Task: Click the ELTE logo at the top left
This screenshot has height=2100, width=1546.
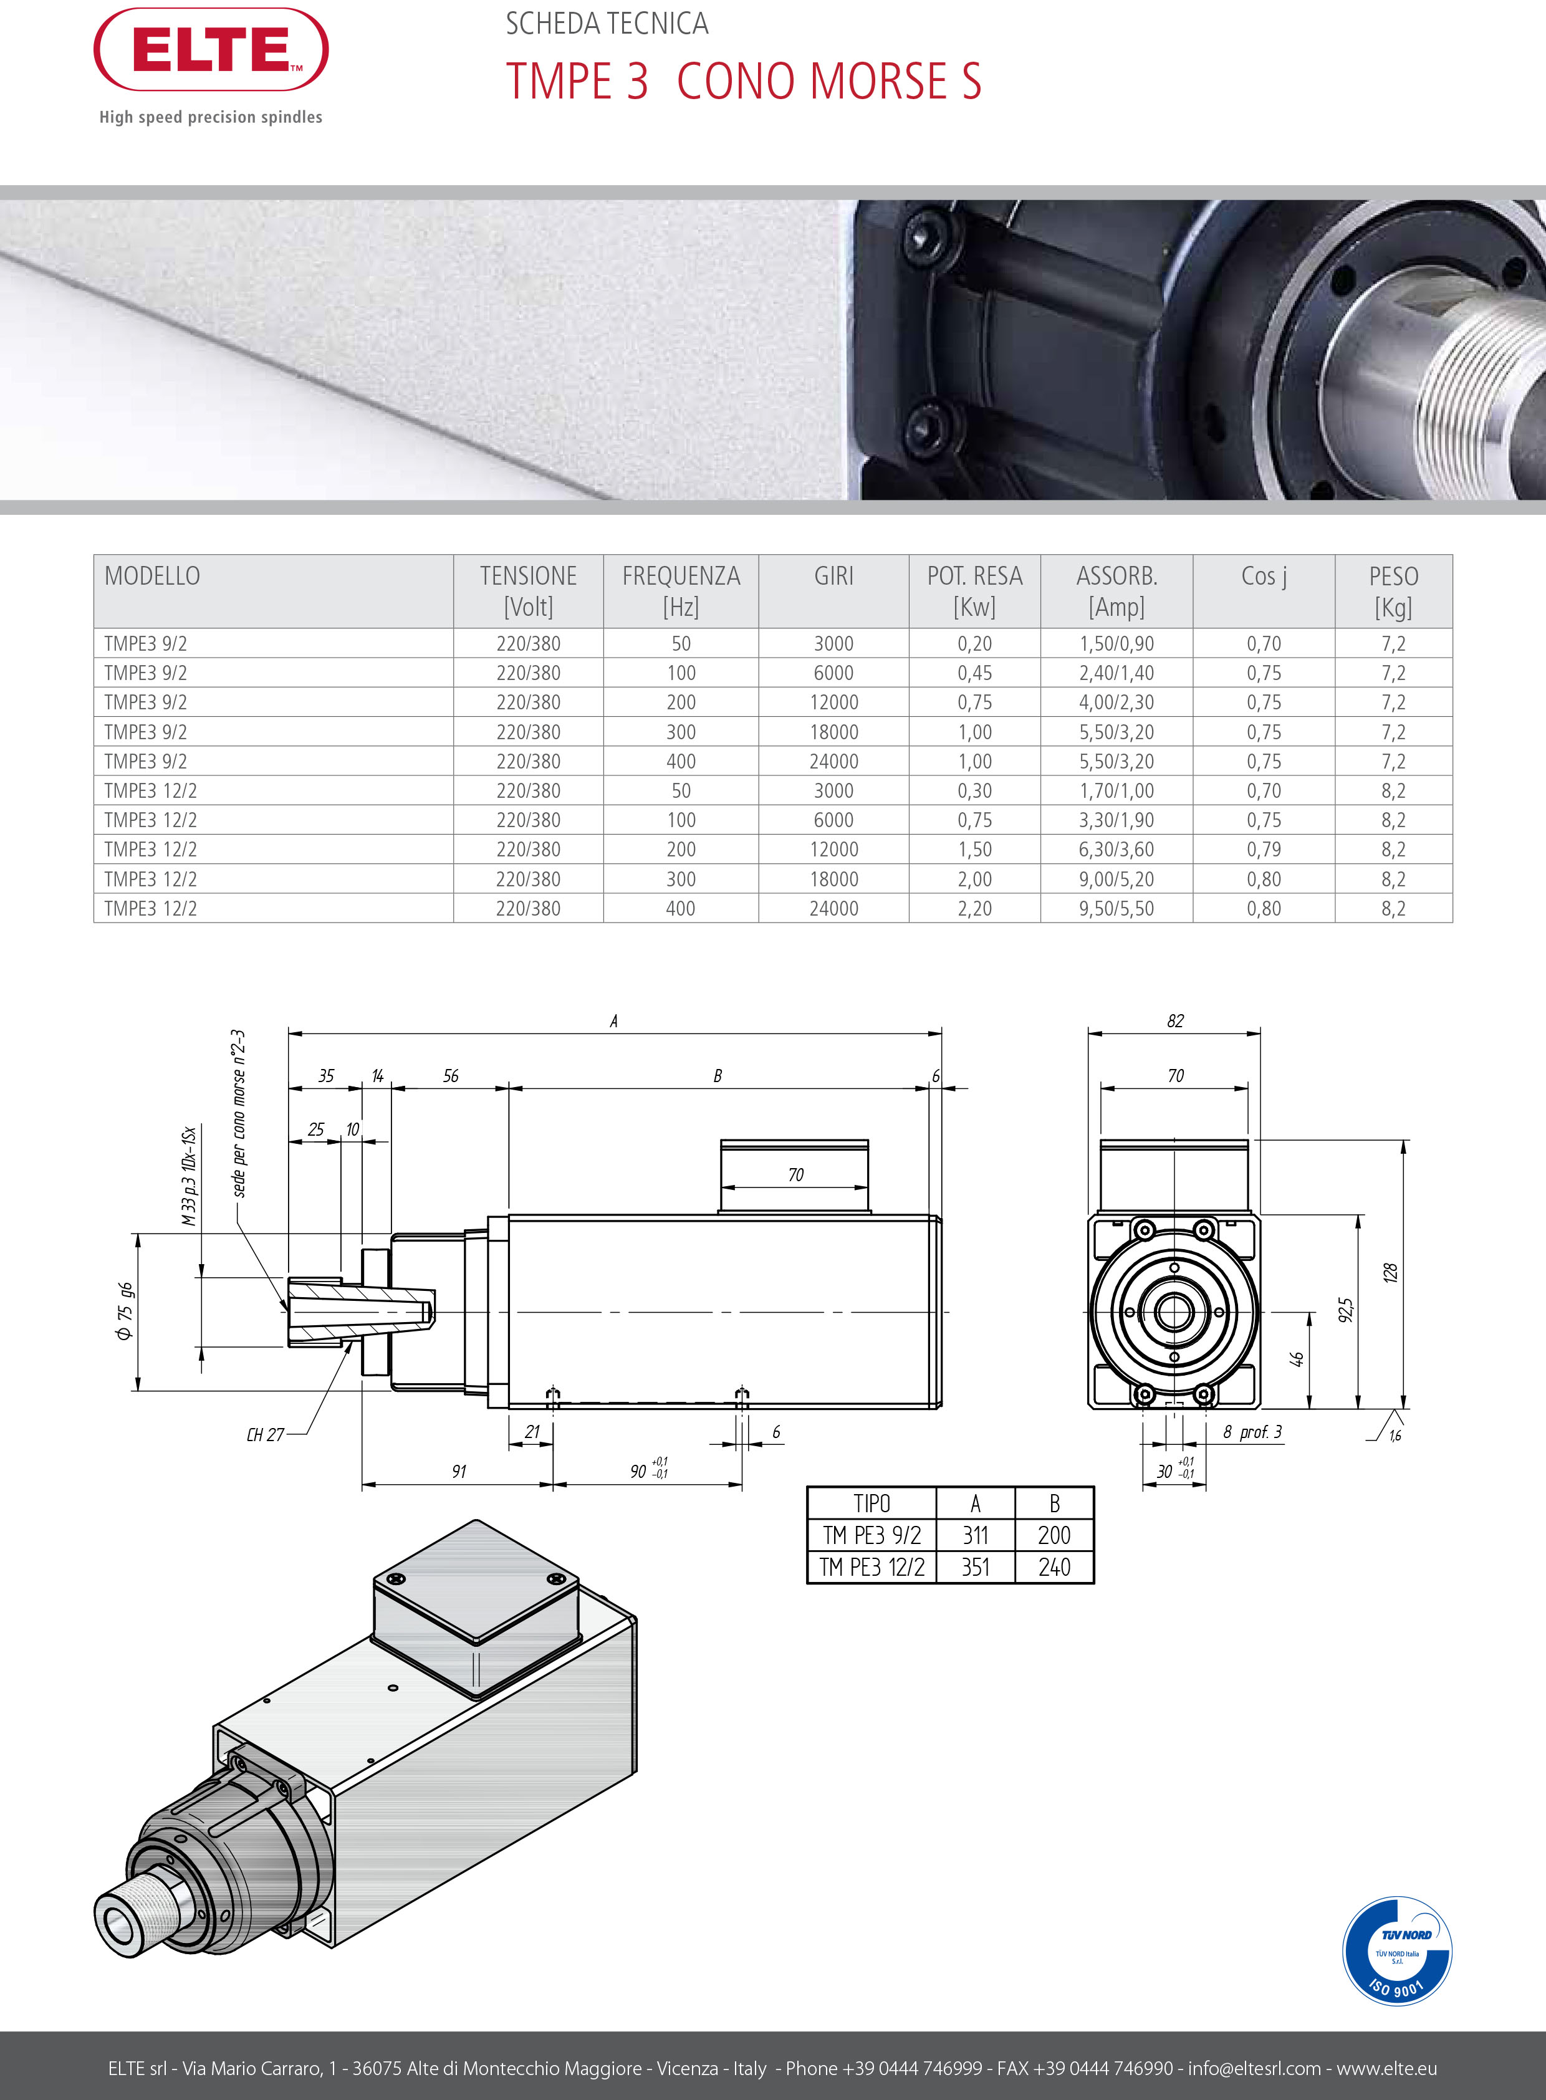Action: (211, 50)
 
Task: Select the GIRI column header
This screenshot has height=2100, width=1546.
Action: (833, 577)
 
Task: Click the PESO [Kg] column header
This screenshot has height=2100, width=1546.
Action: (1393, 590)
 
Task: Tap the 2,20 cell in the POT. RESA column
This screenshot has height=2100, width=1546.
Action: (974, 909)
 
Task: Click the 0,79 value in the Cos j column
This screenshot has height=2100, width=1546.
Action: (1264, 850)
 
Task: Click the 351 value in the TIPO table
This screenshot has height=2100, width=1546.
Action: (975, 1566)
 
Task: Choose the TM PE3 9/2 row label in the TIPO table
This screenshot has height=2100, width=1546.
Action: (871, 1535)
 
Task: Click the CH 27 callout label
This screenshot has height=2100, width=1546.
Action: (265, 1435)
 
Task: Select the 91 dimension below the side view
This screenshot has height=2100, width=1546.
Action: (459, 1471)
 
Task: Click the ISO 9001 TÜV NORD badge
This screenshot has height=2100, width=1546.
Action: (1396, 1951)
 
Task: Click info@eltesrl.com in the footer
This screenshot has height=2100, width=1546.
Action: (1254, 2068)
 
